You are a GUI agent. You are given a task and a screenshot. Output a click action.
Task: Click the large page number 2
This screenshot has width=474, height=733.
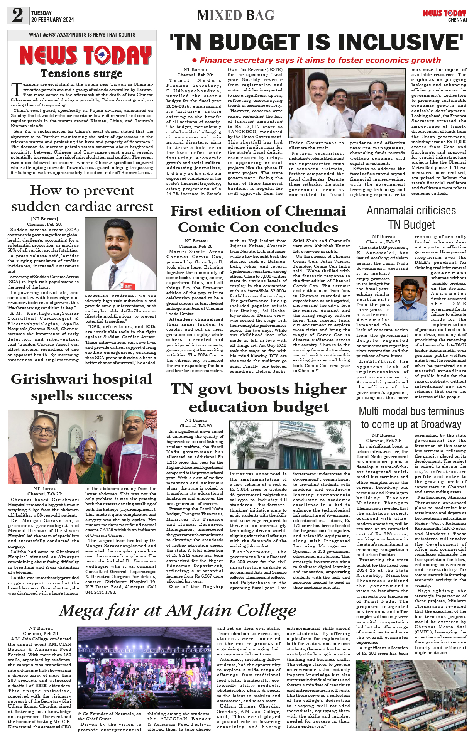pyautogui.click(x=18, y=15)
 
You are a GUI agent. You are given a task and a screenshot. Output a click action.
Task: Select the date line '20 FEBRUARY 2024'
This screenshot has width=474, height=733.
pyautogui.click(x=52, y=20)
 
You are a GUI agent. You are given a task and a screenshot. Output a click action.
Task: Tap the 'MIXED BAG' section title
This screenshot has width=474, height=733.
pyautogui.click(x=235, y=15)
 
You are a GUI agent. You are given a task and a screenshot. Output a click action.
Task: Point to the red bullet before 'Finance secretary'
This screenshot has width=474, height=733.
pyautogui.click(x=195, y=60)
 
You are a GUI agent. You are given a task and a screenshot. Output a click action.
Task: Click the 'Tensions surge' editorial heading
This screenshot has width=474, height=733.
pyautogui.click(x=81, y=73)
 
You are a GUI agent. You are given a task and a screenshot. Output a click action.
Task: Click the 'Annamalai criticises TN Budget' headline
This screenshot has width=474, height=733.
pyautogui.click(x=411, y=218)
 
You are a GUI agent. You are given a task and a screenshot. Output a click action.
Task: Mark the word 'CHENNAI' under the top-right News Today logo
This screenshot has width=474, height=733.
pyautogui.click(x=457, y=20)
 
